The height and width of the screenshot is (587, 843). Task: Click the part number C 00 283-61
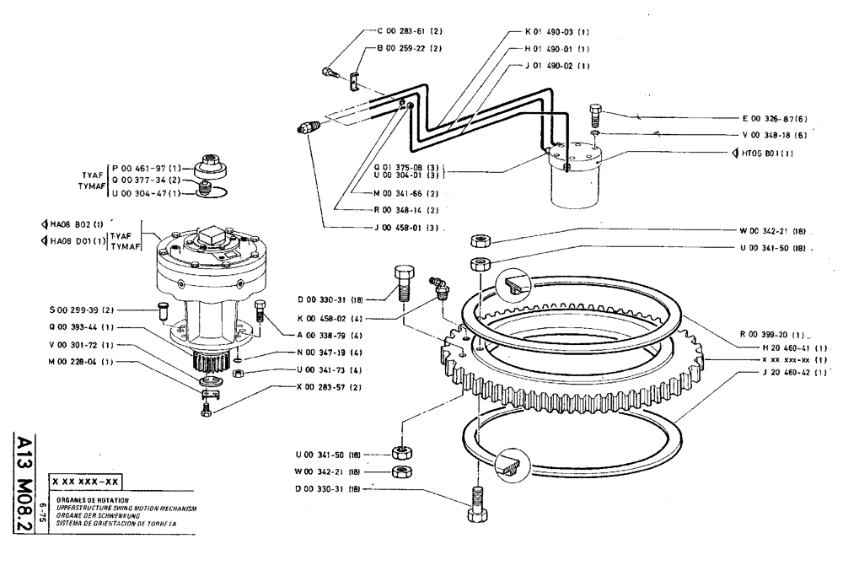(x=409, y=31)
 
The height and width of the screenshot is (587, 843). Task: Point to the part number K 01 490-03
(x=556, y=31)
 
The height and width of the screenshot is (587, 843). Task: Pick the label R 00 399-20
(x=769, y=334)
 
